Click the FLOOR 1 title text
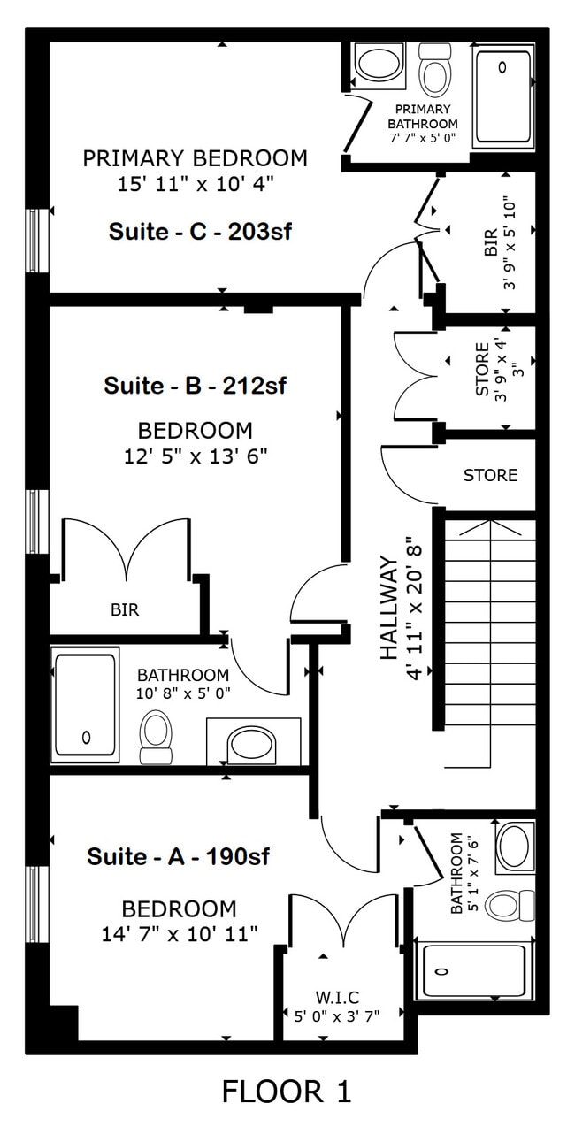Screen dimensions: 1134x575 point(287,1091)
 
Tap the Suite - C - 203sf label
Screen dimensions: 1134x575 point(200,232)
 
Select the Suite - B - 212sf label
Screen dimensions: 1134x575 point(195,387)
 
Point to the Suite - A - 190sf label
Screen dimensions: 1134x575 point(178,856)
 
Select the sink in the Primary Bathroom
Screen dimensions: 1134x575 point(379,65)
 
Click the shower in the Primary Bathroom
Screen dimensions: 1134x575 point(503,96)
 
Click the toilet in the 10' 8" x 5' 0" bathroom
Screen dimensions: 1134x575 point(156,739)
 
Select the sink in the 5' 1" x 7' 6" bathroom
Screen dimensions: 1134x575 point(514,846)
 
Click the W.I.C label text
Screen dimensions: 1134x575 point(336,997)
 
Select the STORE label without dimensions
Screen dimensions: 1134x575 point(490,476)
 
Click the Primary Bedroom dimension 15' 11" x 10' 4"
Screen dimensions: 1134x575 point(195,184)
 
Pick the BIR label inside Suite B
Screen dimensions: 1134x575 point(125,609)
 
